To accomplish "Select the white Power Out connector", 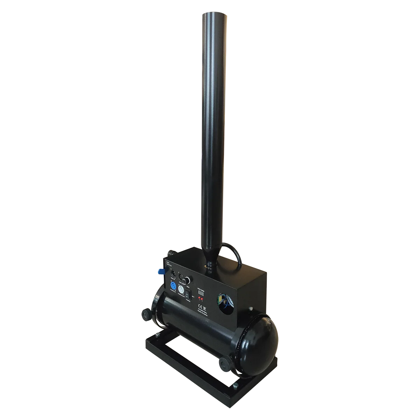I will tap(181, 289).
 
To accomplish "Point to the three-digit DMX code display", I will tap(201, 293).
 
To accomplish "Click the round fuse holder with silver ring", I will tap(189, 280).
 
